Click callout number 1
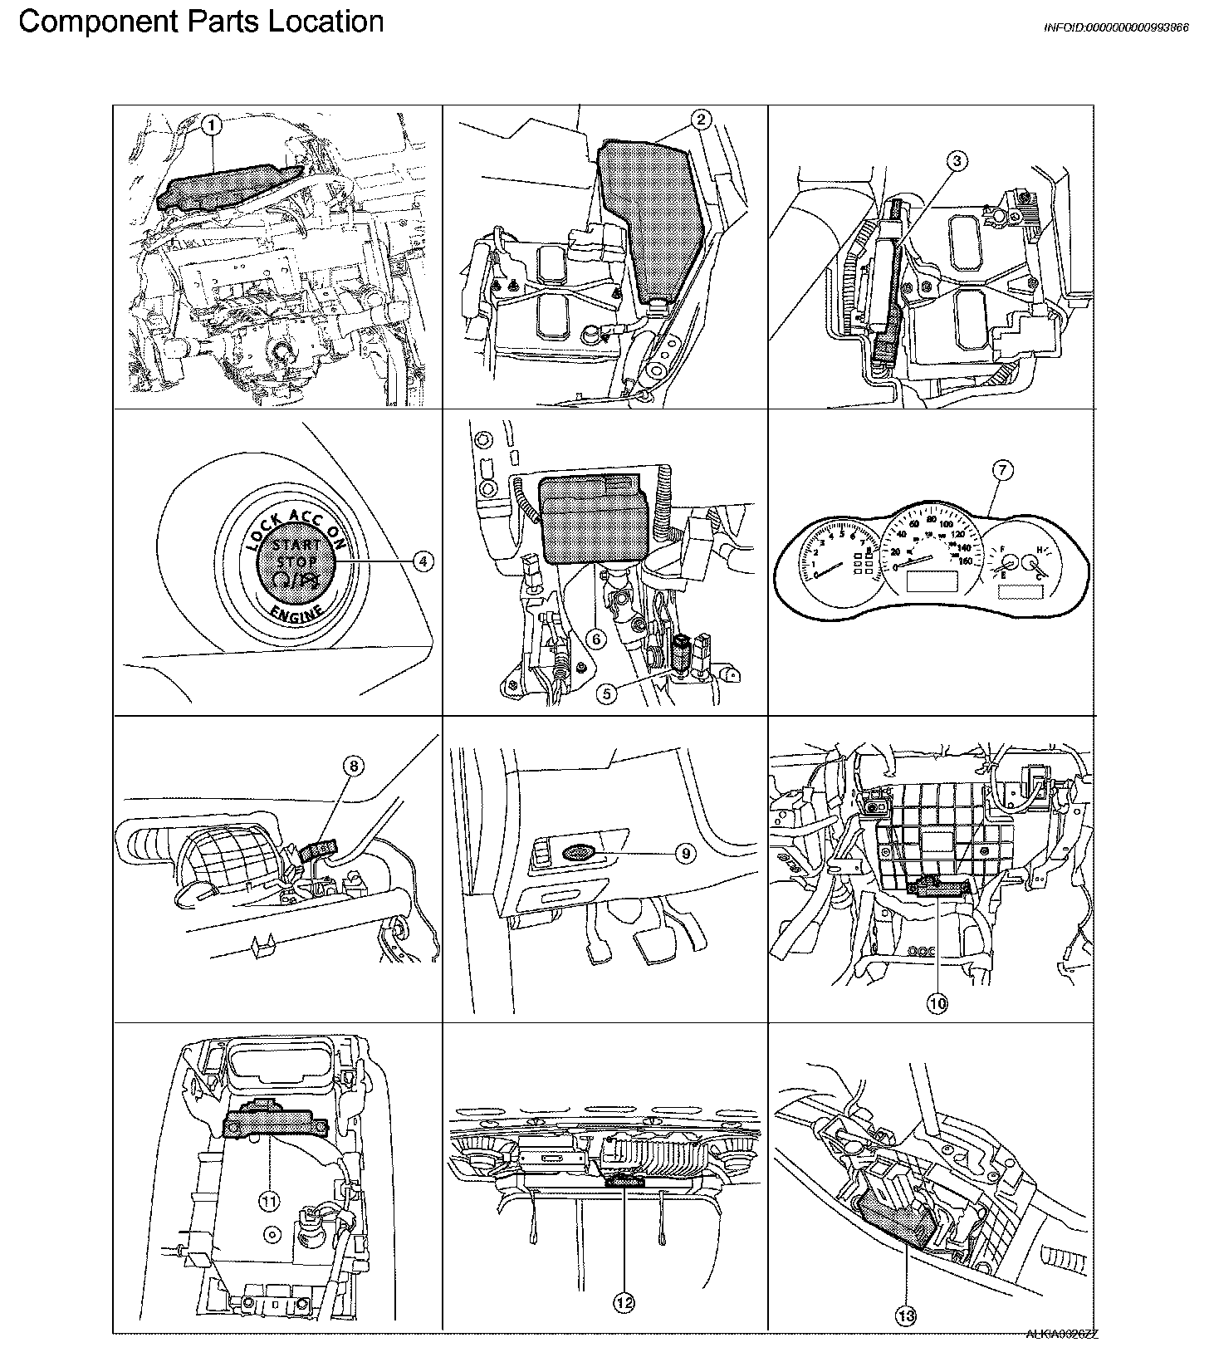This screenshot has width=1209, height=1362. click(x=213, y=125)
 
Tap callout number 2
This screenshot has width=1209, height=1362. click(x=701, y=120)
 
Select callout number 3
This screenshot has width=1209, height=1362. click(x=957, y=161)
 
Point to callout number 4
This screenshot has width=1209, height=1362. click(x=423, y=561)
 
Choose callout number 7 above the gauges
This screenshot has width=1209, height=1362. click(x=1002, y=471)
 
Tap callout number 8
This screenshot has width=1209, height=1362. click(x=353, y=766)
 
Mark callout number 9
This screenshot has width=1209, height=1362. click(x=685, y=853)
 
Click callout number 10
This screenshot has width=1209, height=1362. click(x=937, y=1003)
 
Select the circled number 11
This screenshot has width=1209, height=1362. click(x=270, y=1200)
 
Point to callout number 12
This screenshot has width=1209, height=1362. click(x=624, y=1302)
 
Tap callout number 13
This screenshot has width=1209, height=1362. click(x=907, y=1314)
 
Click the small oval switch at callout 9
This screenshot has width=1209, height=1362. click(x=575, y=851)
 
